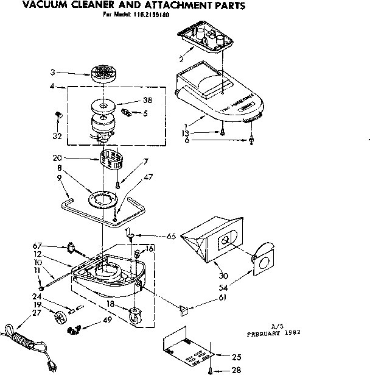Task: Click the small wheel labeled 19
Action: coord(60,316)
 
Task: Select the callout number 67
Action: coord(37,245)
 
